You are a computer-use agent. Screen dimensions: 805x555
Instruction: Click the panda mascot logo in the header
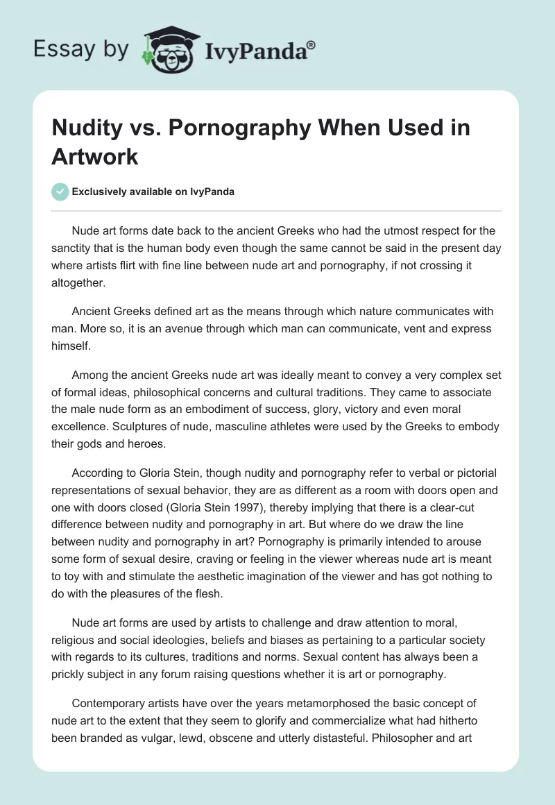[x=167, y=49]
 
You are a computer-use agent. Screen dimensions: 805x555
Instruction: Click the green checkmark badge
[x=61, y=192]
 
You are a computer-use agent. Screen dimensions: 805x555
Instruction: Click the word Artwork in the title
[x=95, y=156]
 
